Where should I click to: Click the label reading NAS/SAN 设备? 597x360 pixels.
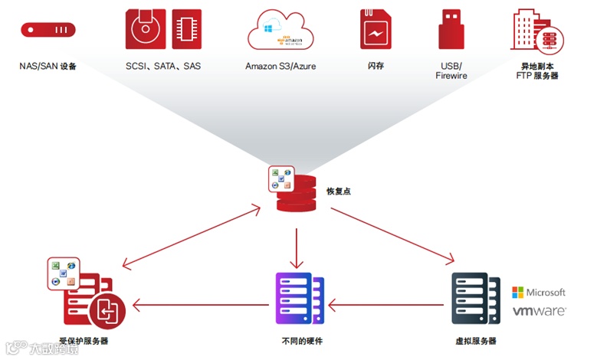pyautogui.click(x=48, y=67)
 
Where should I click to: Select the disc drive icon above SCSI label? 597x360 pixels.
pyautogui.click(x=146, y=29)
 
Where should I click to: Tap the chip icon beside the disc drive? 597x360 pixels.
pyautogui.click(x=187, y=29)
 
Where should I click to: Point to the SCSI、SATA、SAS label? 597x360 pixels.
pyautogui.click(x=163, y=67)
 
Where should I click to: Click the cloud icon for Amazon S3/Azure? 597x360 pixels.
pyautogui.click(x=281, y=30)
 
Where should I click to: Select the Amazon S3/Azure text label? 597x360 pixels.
pyautogui.click(x=280, y=67)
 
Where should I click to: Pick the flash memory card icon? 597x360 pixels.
pyautogui.click(x=376, y=30)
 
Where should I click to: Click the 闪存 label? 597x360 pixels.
pyautogui.click(x=376, y=67)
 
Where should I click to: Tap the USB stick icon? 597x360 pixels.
pyautogui.click(x=451, y=30)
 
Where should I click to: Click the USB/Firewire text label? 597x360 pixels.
pyautogui.click(x=451, y=71)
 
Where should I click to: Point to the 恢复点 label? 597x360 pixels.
pyautogui.click(x=338, y=190)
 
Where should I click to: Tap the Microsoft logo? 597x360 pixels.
pyautogui.click(x=539, y=292)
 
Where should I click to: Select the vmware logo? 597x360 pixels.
pyautogui.click(x=539, y=312)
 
